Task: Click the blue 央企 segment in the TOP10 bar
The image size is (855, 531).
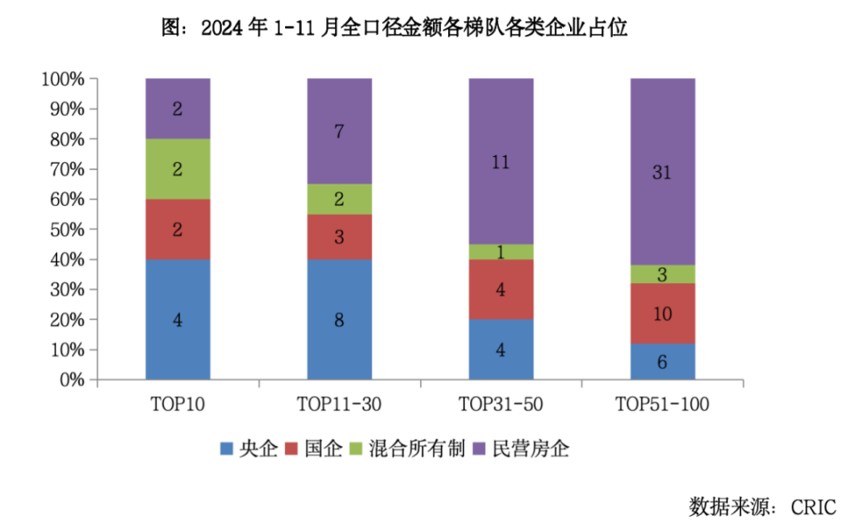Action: tap(178, 319)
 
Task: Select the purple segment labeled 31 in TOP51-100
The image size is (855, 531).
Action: tap(662, 172)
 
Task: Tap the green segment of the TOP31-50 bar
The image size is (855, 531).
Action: tap(501, 252)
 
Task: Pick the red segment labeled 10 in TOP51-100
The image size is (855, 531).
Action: tap(662, 314)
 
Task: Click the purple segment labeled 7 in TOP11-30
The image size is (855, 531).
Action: tap(339, 131)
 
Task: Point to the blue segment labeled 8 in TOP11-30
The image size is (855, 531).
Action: tap(339, 319)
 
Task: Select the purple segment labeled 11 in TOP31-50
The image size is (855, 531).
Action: tap(501, 161)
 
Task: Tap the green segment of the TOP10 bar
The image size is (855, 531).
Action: tap(178, 169)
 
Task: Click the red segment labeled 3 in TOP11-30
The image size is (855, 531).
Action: tap(339, 236)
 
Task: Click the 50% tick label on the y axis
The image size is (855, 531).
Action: tap(66, 230)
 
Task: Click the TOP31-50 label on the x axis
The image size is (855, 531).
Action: tap(501, 404)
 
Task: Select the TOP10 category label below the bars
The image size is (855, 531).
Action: tap(178, 404)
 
